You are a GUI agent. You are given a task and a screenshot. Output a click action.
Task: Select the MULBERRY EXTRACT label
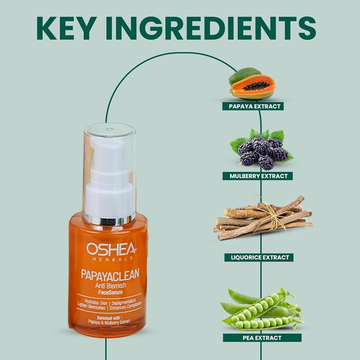coord(260,176)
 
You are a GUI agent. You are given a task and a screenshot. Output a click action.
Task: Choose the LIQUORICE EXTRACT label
coord(260,257)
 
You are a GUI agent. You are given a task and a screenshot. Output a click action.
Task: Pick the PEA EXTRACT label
coord(260,338)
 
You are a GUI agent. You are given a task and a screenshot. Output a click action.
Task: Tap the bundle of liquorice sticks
coord(263,220)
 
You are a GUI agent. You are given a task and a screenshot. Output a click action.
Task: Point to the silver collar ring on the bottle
coord(109,219)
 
